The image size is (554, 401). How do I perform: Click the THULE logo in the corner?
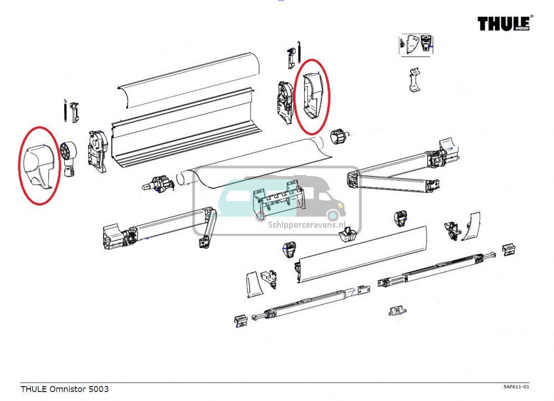click(x=504, y=23)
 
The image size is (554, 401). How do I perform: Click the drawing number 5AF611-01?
click(x=516, y=387)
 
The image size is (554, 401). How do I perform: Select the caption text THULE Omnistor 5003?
click(x=65, y=389)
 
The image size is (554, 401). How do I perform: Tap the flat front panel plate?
click(x=363, y=255)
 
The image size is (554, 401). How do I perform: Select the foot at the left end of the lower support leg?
click(x=241, y=321)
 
